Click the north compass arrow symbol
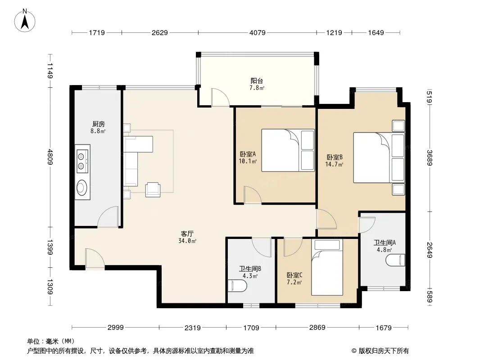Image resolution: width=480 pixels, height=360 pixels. (25, 21)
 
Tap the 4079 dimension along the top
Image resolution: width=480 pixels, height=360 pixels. (257, 33)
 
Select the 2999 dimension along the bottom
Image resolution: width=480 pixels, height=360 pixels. (115, 328)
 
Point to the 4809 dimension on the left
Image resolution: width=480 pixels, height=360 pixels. (50, 157)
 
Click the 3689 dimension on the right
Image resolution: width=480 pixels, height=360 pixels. (430, 158)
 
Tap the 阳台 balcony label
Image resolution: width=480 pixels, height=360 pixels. (257, 81)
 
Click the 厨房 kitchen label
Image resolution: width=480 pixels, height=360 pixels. (98, 124)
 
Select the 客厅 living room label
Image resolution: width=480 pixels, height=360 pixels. (187, 234)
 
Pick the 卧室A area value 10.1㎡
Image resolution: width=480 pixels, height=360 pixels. (247, 161)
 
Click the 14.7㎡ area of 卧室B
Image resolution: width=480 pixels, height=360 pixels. (334, 164)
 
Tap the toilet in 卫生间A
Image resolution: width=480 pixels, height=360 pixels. (395, 260)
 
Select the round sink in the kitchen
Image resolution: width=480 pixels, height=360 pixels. (82, 188)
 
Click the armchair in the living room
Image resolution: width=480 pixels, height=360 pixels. (153, 189)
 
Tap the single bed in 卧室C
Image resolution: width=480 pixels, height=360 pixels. (327, 267)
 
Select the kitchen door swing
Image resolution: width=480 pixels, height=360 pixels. (108, 216)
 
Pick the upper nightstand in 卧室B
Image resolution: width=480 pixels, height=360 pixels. (398, 126)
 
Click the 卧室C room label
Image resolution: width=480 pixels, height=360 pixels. (294, 275)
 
